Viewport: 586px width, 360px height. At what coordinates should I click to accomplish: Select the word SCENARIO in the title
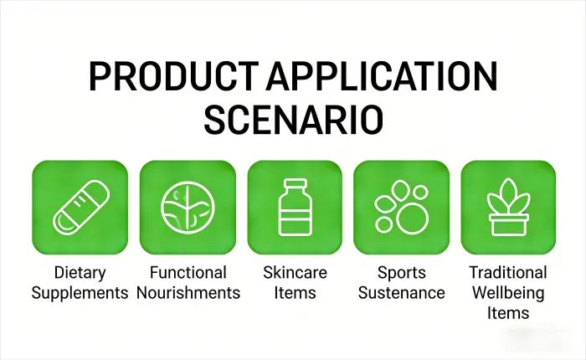293,120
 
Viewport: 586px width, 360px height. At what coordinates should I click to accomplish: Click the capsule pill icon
80,208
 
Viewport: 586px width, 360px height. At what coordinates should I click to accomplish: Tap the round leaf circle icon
187,208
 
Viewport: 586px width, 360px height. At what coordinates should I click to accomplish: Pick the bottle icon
294,208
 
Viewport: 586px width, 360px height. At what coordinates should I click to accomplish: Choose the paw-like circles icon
401,208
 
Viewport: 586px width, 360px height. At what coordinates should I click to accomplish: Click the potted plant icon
508,208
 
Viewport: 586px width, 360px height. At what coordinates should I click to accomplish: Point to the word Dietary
80,273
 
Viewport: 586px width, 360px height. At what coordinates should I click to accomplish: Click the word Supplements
80,293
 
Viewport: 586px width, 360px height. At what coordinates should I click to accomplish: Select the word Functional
188,273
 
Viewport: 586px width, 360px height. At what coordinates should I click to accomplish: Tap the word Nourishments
188,293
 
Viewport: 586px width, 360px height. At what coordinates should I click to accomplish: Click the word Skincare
295,273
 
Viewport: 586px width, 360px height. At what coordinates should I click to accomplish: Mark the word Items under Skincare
295,293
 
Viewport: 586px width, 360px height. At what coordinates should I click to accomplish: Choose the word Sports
401,273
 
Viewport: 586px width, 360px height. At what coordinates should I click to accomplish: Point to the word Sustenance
401,293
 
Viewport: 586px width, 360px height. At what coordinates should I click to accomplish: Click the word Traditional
508,273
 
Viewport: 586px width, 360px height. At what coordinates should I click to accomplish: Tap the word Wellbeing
508,293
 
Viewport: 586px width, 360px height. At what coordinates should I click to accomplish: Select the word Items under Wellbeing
508,313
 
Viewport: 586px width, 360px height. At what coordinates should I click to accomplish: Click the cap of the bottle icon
294,183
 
